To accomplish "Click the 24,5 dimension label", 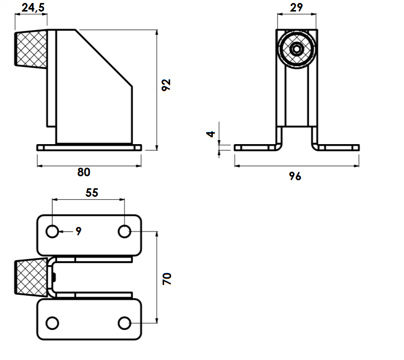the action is click(33, 8).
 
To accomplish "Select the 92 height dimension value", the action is click(166, 85).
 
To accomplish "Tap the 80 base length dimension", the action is click(84, 172).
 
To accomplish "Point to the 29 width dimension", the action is click(296, 8).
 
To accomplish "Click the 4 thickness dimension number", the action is click(210, 134).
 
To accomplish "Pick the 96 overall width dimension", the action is click(295, 176).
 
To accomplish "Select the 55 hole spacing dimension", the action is click(92, 193).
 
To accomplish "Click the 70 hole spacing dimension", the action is click(167, 279).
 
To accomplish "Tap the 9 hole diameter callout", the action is click(79, 231).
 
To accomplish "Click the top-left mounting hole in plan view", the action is click(52, 231).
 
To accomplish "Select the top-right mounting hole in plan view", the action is click(124, 231).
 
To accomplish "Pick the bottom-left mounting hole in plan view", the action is click(52, 323).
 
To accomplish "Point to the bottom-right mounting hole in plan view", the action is click(124, 323).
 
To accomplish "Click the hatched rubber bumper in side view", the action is click(31, 49).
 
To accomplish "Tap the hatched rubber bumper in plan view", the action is click(31, 277).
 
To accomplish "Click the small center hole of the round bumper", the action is click(297, 49).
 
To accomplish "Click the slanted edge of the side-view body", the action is click(104, 58).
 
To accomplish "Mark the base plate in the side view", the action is click(89, 148).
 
